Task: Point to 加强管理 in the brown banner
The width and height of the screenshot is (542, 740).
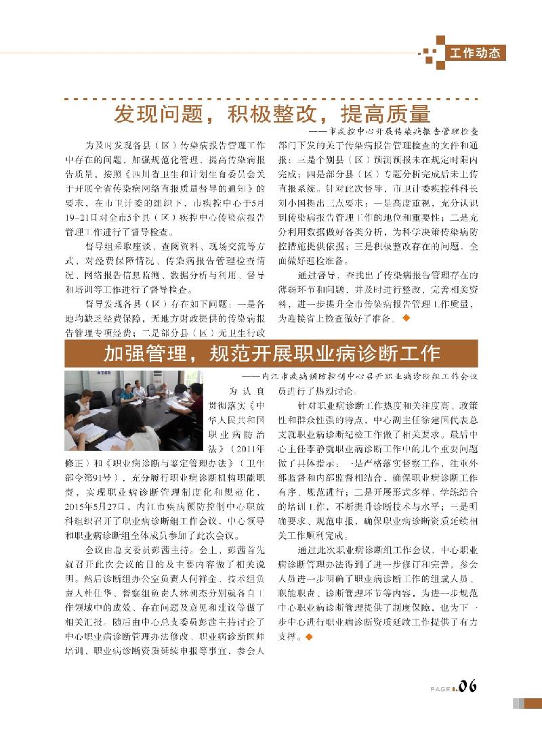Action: tap(144, 353)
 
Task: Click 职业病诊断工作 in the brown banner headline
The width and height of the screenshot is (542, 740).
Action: tap(373, 353)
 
